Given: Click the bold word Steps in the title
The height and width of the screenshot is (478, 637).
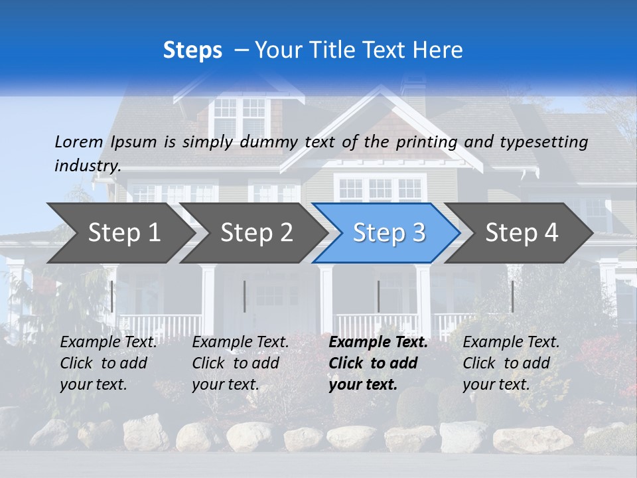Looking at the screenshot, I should click(192, 50).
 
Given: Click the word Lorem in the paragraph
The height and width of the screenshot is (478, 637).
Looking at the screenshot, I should click(79, 142).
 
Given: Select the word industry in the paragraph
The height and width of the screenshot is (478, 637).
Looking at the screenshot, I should click(87, 166).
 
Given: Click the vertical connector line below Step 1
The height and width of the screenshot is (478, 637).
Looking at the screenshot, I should click(112, 296).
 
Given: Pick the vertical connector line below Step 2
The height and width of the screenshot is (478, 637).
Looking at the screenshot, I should click(245, 296).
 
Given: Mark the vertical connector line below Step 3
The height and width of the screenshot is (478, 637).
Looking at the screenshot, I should click(379, 296).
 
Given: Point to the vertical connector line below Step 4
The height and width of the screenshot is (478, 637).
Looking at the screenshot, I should click(512, 296).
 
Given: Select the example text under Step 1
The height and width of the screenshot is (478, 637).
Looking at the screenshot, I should click(108, 363).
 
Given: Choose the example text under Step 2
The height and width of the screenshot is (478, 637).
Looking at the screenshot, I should click(240, 363).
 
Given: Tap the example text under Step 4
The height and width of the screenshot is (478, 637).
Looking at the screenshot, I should click(511, 363).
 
